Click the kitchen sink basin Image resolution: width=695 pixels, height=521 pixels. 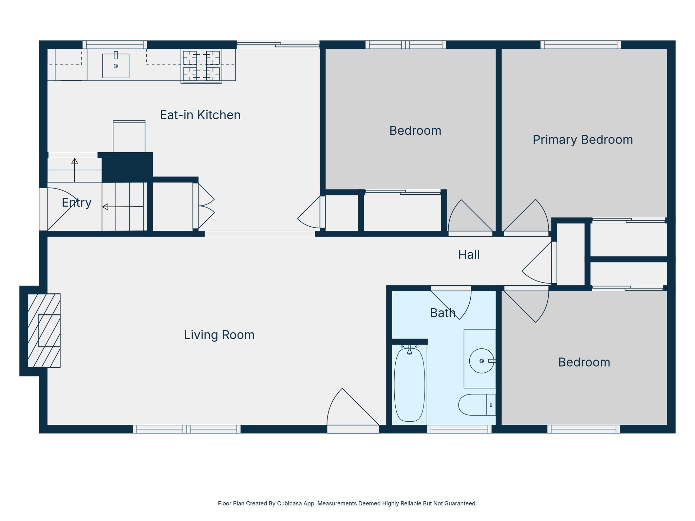116,66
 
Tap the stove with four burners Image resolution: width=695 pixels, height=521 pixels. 201,66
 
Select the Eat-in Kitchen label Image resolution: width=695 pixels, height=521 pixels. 200,115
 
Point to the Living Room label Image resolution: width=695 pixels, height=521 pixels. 219,335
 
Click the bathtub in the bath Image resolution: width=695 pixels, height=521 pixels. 409,385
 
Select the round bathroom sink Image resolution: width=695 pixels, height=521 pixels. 481,361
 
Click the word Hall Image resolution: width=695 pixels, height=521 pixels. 469,255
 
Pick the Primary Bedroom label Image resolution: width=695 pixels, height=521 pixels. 583,140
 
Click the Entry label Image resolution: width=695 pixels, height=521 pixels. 77,202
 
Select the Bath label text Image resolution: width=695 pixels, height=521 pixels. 443,313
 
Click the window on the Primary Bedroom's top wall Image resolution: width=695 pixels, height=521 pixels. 580,44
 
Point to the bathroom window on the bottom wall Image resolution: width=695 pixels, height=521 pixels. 459,429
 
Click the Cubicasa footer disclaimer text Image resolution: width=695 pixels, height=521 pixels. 347,503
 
